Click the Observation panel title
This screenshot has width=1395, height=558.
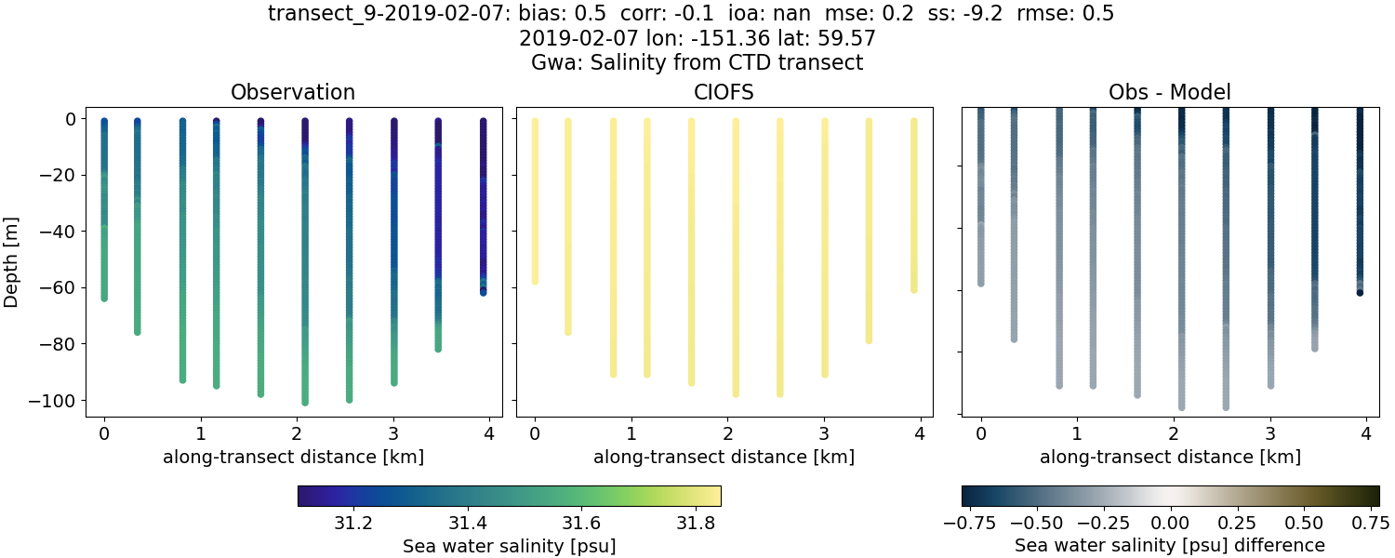tap(293, 92)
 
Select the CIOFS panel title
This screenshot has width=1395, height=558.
tap(724, 92)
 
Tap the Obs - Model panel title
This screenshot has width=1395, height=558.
tap(1169, 92)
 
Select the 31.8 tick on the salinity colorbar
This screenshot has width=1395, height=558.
tap(693, 523)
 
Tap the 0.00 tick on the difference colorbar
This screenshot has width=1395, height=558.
tap(1171, 523)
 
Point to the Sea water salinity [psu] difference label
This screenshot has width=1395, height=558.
tap(1170, 545)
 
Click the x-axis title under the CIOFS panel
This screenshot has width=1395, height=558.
tap(724, 457)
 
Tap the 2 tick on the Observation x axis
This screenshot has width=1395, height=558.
tap(297, 433)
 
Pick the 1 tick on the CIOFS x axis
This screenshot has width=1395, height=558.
tap(631, 433)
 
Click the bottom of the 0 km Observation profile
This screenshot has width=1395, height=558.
tap(104, 298)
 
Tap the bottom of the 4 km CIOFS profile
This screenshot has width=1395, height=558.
tap(914, 289)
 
